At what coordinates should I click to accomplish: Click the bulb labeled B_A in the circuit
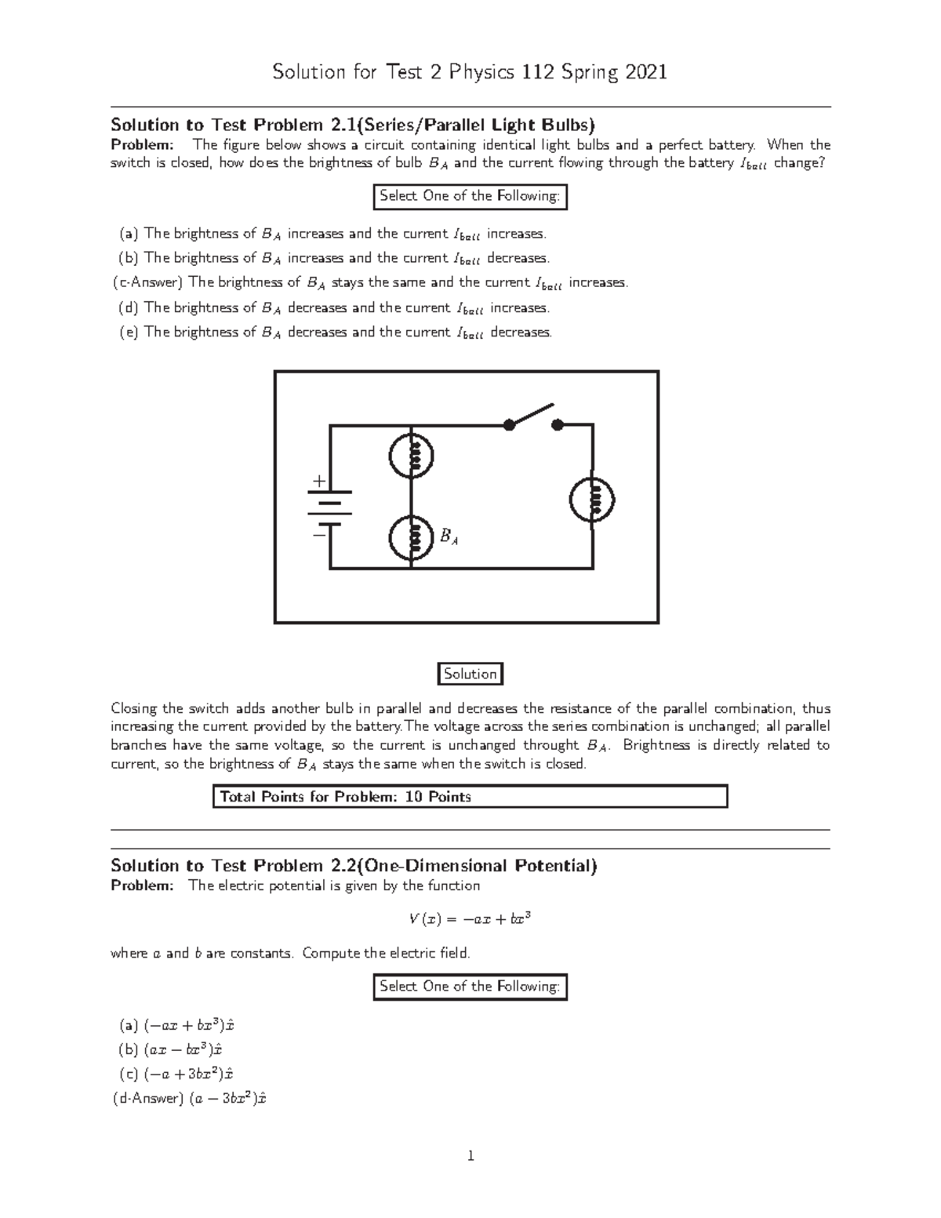tap(412, 538)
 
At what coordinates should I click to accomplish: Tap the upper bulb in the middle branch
tap(412, 455)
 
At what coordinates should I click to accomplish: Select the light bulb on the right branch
tap(592, 500)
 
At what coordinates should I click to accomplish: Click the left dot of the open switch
tap(509, 425)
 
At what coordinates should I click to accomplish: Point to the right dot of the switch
tap(558, 425)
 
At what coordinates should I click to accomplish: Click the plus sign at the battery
tap(318, 480)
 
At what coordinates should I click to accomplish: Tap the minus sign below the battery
tap(318, 535)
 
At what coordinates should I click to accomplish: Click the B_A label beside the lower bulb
tap(449, 537)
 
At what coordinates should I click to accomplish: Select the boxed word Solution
tap(470, 674)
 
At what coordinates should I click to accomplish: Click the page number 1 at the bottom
tap(470, 1155)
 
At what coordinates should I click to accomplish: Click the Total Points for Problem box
tap(470, 797)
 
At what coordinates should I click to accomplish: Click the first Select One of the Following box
tap(470, 196)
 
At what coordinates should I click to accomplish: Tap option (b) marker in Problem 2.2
tap(129, 1049)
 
